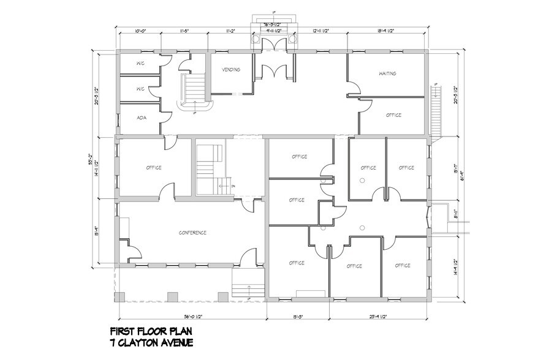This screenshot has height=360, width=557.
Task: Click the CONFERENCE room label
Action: point(192,233)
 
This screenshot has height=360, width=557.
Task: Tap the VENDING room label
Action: point(230,70)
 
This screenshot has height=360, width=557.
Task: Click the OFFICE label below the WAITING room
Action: point(393,115)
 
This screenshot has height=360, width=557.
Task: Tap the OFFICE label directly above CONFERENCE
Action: point(154,168)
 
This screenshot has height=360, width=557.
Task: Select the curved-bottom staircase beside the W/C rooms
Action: point(195,92)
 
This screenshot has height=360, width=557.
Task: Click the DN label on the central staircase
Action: point(233,186)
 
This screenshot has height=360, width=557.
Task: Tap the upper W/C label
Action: point(140,64)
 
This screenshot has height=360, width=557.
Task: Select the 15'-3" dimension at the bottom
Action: point(298,317)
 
